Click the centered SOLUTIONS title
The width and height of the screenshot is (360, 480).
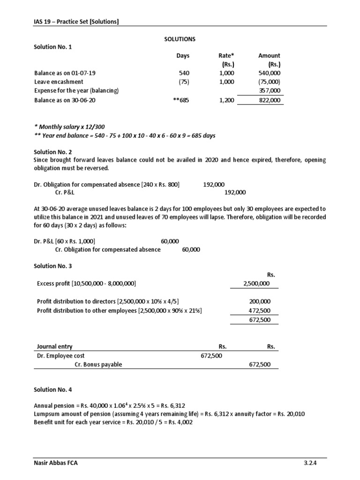[180, 39]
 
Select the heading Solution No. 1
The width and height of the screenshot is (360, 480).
[53, 47]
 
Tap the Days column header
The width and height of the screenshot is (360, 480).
[183, 56]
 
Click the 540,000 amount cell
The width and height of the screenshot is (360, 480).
[270, 73]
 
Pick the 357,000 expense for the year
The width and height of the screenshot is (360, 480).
[270, 90]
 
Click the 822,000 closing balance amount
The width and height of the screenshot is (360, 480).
[270, 100]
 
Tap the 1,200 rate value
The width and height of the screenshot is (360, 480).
[227, 100]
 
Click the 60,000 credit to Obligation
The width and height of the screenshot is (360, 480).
[191, 249]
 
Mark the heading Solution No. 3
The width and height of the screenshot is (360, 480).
[53, 266]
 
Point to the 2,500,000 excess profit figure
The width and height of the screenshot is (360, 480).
[257, 284]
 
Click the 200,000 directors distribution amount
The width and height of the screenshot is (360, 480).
[260, 302]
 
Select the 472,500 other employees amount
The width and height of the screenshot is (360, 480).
[260, 310]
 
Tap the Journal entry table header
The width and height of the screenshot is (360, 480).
[54, 347]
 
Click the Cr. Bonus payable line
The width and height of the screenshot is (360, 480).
[98, 364]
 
